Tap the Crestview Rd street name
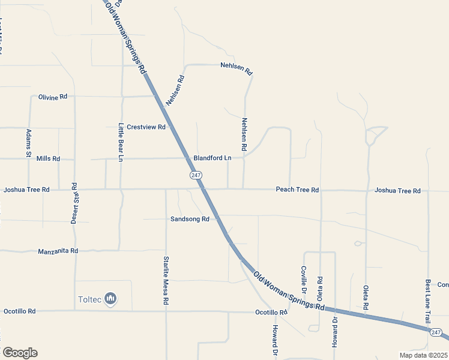point(146,127)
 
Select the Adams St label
point(28,143)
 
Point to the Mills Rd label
point(48,159)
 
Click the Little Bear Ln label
point(121,142)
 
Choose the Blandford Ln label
point(212,158)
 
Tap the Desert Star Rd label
point(74,203)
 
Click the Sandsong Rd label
point(189,220)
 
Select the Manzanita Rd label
point(58,251)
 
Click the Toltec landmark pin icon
point(110,298)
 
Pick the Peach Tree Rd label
point(297,190)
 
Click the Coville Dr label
point(304,280)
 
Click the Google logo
point(20,353)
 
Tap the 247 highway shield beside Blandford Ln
point(196,175)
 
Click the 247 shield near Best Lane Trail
point(436,332)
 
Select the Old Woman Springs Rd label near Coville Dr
point(289,291)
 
